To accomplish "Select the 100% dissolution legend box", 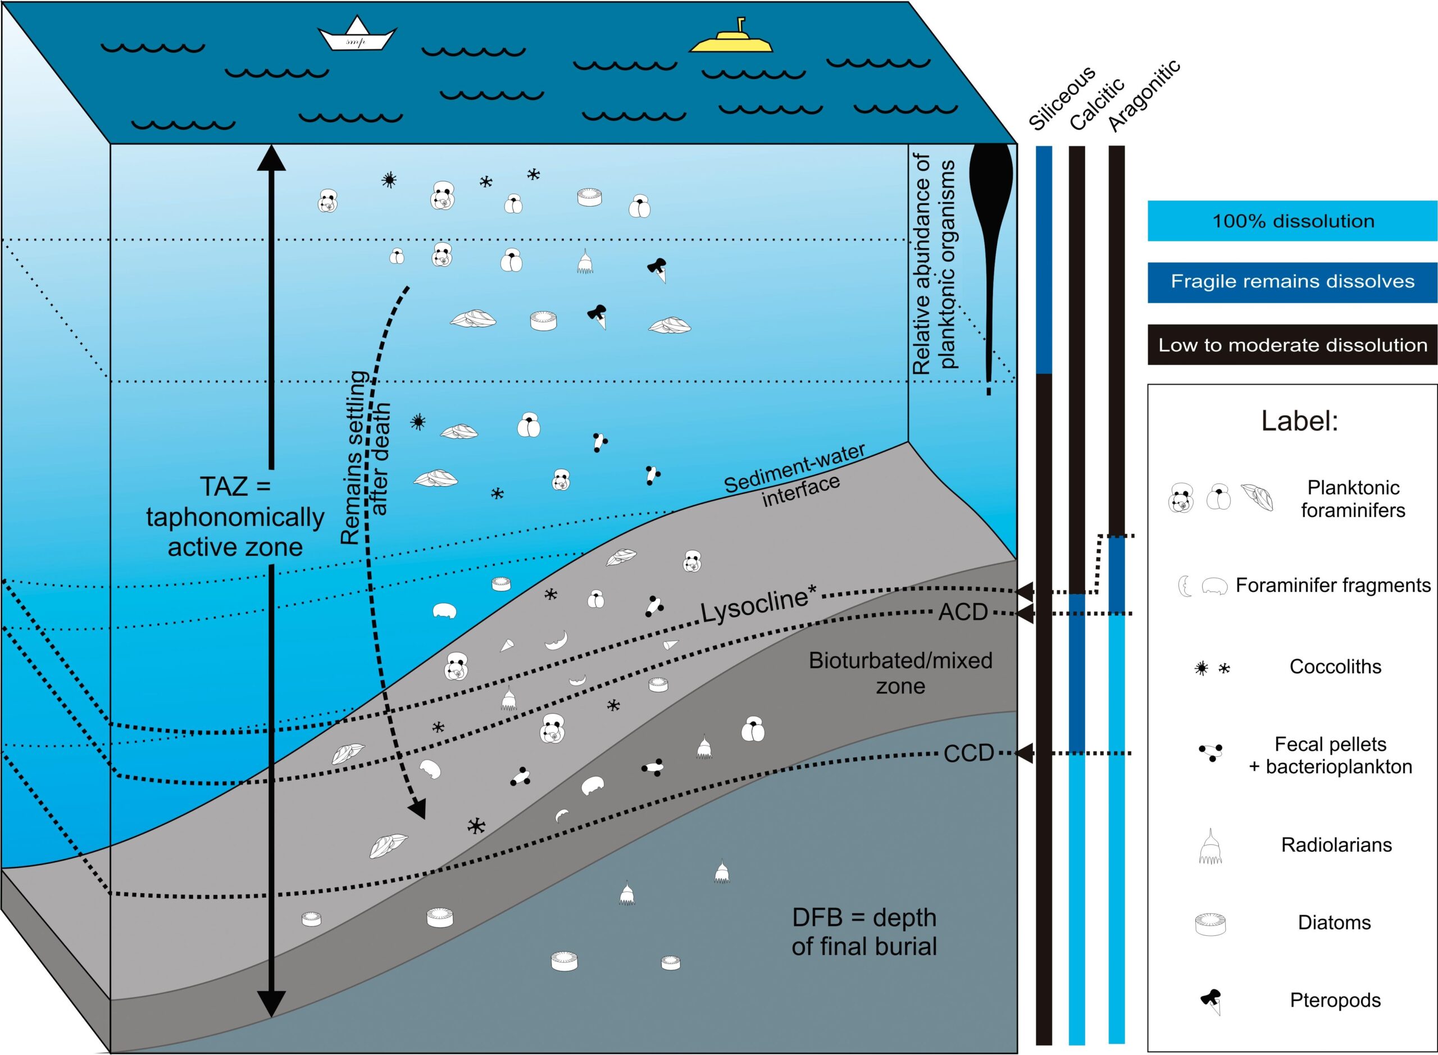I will point(1293,221).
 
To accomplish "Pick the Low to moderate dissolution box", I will point(1293,345).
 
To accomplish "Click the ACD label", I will point(963,613).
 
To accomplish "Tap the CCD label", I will point(968,753).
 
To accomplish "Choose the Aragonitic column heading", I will point(1144,96).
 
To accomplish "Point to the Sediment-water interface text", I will point(795,476).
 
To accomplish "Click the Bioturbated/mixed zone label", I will point(901,673).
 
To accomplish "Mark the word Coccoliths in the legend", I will point(1335,666).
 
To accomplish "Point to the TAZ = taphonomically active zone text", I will point(235,517).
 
